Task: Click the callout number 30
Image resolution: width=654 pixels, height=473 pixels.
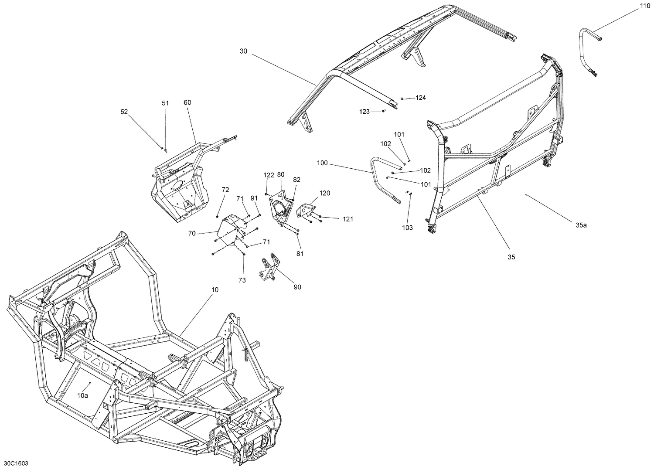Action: [243, 51]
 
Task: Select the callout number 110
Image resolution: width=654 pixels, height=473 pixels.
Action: [644, 6]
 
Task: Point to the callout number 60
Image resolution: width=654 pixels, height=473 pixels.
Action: [187, 102]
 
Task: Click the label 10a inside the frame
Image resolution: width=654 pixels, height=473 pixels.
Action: [83, 395]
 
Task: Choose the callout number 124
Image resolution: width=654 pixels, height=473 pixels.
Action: [420, 98]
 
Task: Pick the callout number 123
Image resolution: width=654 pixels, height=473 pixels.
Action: [364, 112]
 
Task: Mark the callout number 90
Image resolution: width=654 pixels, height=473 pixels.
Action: [297, 287]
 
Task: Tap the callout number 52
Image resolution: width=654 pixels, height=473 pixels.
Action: [124, 112]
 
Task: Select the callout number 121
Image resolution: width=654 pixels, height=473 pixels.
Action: [347, 219]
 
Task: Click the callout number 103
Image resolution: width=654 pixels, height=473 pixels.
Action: [407, 228]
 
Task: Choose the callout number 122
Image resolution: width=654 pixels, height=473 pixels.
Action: [269, 175]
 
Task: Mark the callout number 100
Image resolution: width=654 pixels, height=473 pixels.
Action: [322, 163]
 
